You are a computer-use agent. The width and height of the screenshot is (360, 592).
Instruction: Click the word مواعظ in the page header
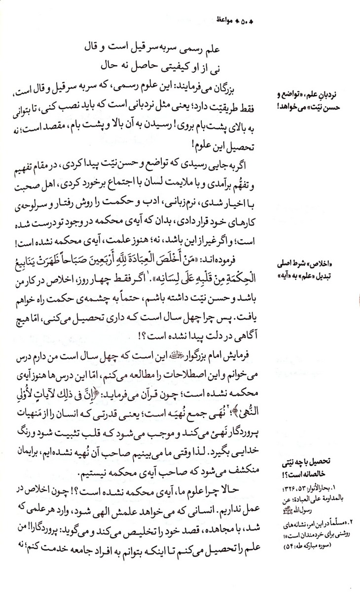[227, 20]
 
